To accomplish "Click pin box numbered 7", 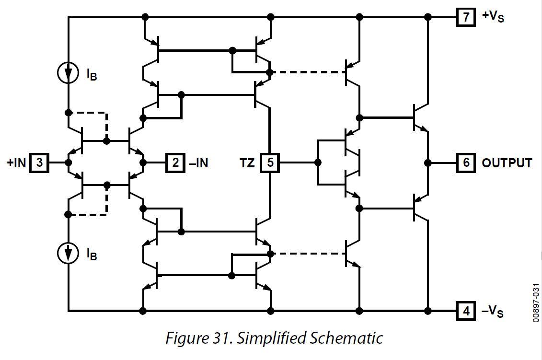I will (466, 17).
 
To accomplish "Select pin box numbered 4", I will (466, 311).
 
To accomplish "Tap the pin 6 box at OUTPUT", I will (466, 163).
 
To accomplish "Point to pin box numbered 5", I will (270, 163).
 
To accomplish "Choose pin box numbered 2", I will (175, 163).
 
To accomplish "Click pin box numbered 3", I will (40, 163).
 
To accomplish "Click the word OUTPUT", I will (507, 163).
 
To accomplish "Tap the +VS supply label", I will (493, 17).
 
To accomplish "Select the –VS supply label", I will (492, 312).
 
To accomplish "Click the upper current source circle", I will (68, 73).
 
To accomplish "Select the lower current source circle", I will (68, 253).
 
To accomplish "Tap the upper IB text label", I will (92, 74).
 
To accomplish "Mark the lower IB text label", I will (92, 254).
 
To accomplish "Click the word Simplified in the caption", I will (268, 338).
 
